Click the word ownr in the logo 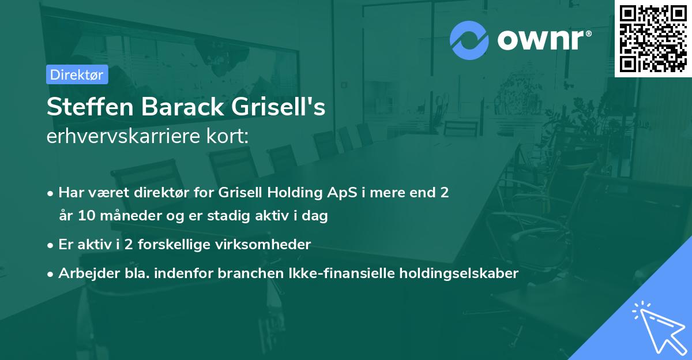tap(543, 40)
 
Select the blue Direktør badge tap(77, 74)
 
